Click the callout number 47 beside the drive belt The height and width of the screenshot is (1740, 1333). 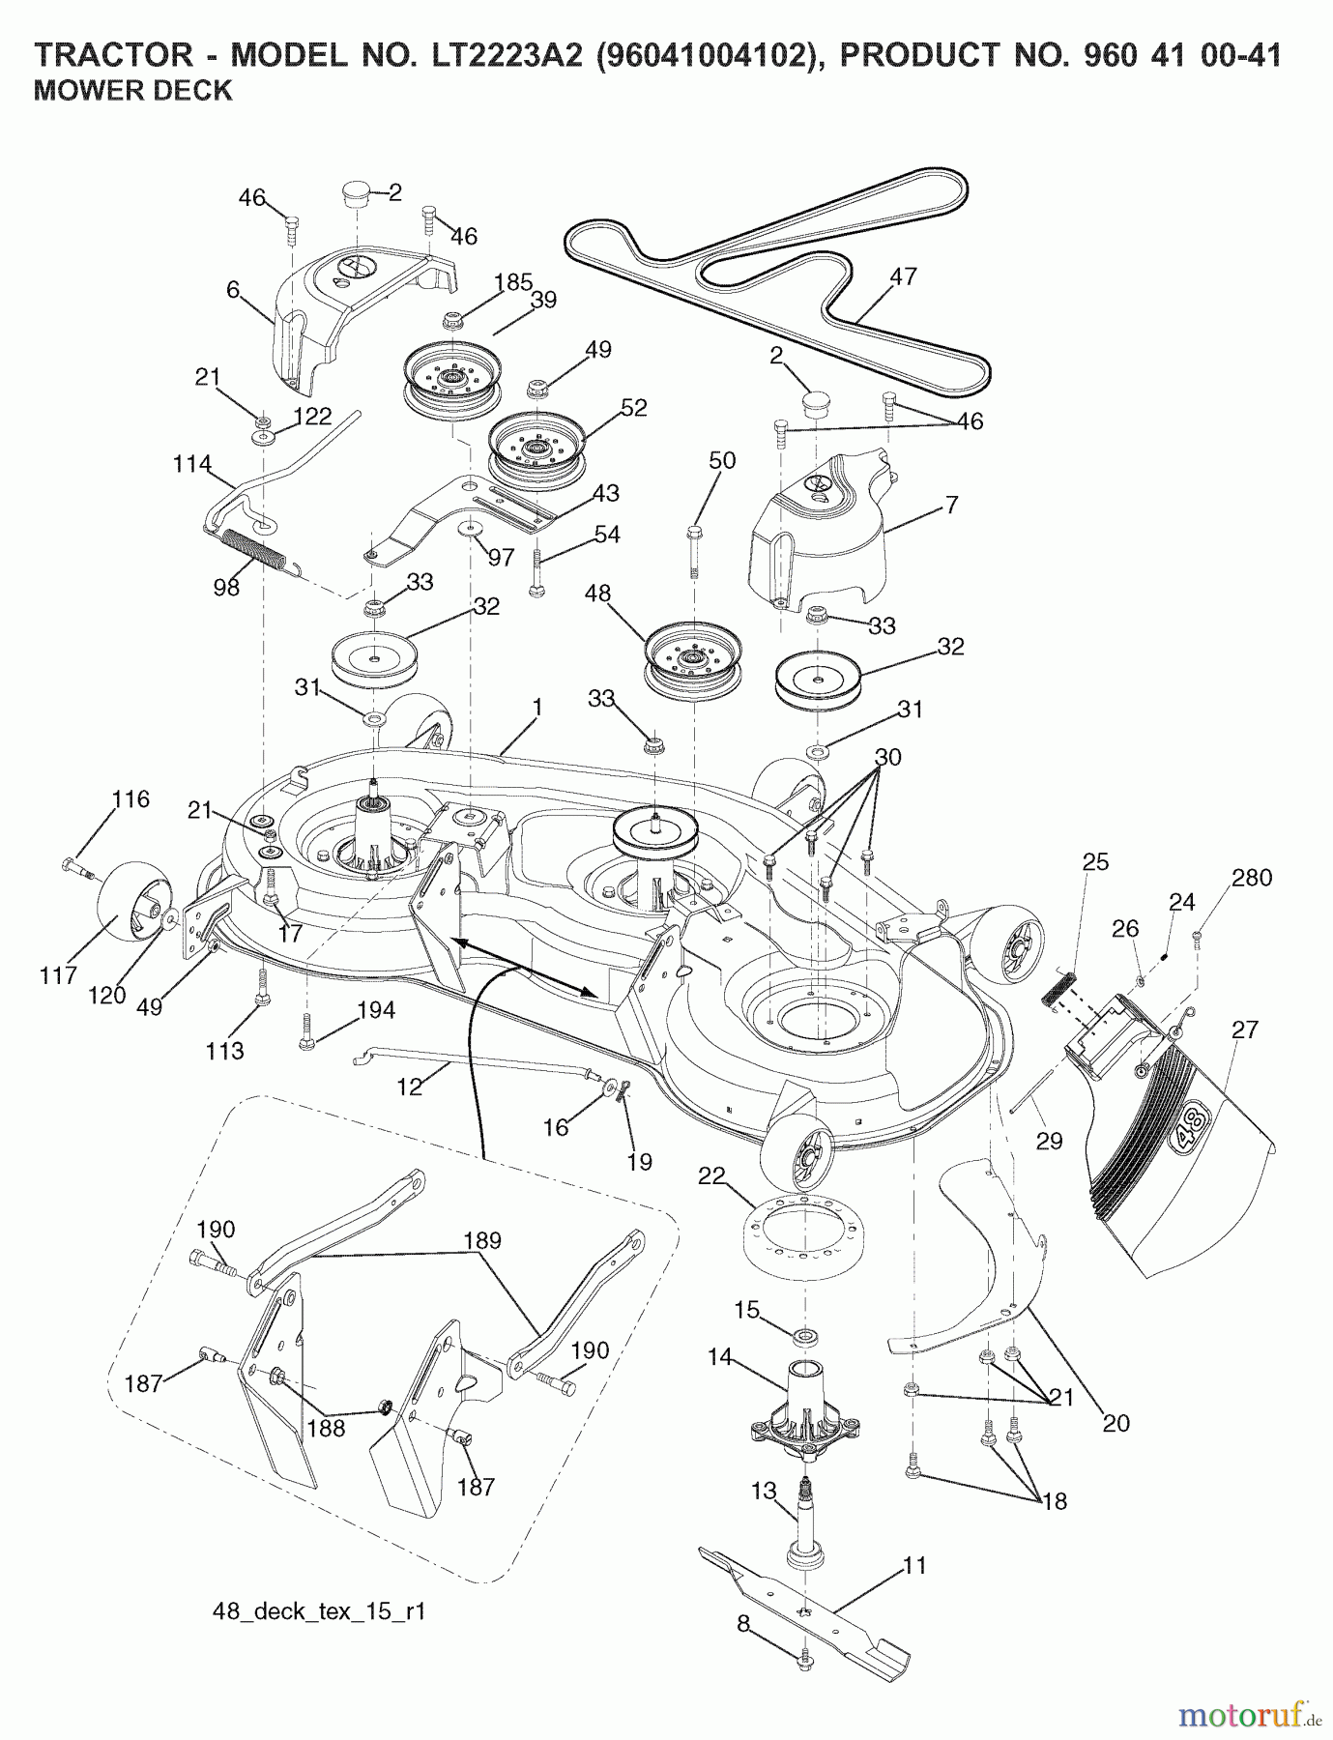(x=903, y=277)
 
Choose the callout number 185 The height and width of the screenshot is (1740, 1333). (x=513, y=283)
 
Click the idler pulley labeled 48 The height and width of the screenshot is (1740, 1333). (x=692, y=657)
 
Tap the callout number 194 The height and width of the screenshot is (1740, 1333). (x=376, y=1010)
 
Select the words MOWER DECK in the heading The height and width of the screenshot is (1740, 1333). (x=133, y=91)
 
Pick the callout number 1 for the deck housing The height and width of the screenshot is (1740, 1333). (x=537, y=709)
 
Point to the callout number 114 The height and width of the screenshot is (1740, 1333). (x=193, y=464)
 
